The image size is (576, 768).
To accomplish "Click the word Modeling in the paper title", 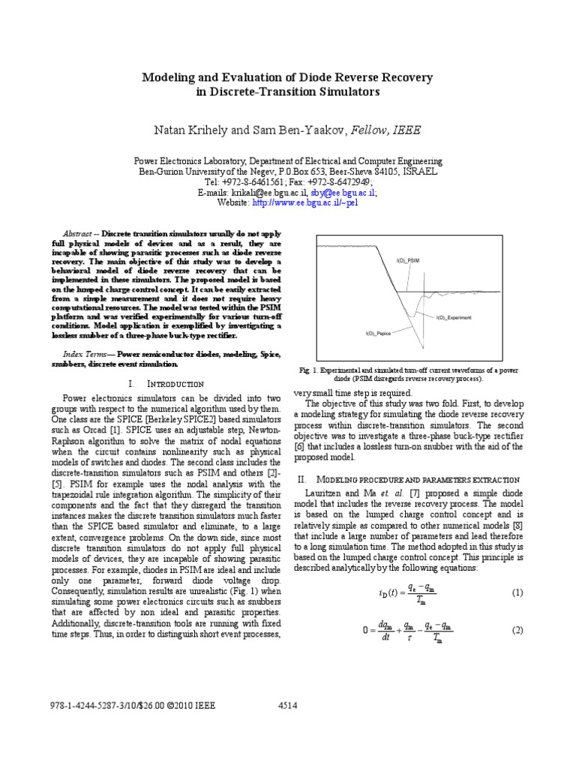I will click(x=170, y=77).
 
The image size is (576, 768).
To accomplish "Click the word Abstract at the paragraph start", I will click(x=78, y=232).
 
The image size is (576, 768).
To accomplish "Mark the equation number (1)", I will click(x=516, y=592).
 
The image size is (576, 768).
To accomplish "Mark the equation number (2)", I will click(x=516, y=631).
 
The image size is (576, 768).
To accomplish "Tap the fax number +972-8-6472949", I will click(x=344, y=182).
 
